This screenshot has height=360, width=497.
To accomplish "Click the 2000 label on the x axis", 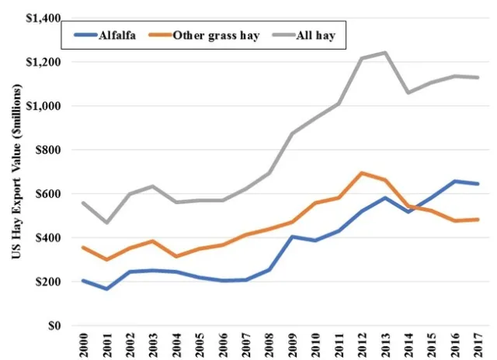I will tap(83, 345).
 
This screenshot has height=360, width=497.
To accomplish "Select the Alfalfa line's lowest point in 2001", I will tap(106, 289).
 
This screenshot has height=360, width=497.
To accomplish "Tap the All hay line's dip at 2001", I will tap(106, 223).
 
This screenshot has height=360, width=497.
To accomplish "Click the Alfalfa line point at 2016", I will tap(452, 181).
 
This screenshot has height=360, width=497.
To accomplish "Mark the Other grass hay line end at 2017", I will tap(474, 220).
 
